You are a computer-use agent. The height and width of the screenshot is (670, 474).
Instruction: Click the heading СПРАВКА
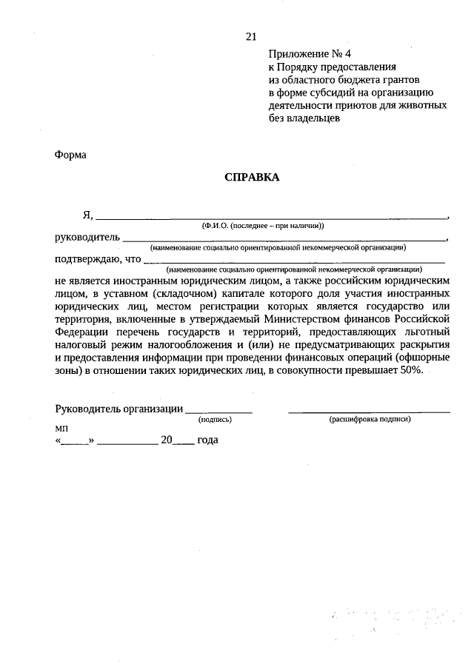252,178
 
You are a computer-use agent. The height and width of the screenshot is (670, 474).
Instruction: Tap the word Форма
70,155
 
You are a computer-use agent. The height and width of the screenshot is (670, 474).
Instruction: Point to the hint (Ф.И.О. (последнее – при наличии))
263,225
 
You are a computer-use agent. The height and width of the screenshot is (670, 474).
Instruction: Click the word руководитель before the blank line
87,238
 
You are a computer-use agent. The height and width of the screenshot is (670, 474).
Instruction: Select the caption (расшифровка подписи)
370,419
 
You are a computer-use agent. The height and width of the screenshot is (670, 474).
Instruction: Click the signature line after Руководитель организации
218,412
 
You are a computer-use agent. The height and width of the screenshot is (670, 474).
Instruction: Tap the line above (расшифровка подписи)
369,412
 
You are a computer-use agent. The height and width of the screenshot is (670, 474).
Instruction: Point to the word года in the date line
208,439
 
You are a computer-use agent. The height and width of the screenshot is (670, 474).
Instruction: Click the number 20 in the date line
167,439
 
